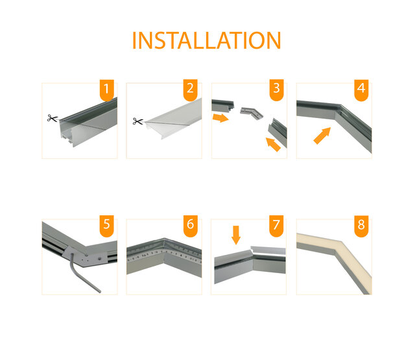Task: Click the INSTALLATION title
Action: [206, 40]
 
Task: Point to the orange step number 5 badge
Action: [108, 226]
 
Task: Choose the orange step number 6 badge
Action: [190, 226]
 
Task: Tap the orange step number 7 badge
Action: [276, 226]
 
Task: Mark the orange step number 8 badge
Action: [361, 226]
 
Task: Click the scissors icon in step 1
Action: [52, 118]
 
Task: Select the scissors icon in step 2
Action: [137, 121]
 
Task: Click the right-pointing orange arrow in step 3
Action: [222, 118]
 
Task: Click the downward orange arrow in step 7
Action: [236, 234]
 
